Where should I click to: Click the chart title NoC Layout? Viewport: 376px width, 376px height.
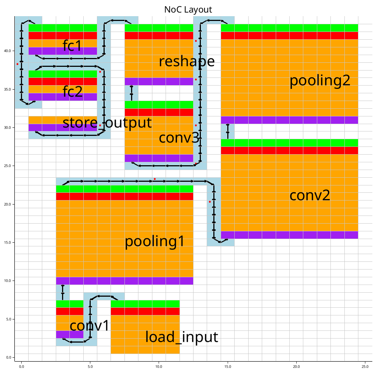(188, 10)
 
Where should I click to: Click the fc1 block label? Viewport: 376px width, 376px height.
(73, 46)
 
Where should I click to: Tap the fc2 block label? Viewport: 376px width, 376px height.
(73, 91)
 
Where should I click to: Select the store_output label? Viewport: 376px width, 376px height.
(107, 123)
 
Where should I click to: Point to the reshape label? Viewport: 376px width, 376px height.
(187, 61)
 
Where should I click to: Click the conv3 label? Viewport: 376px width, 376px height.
(179, 138)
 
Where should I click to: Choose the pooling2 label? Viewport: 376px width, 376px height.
(320, 81)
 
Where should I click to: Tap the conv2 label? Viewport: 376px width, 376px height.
(310, 195)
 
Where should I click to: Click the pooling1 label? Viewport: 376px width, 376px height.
(154, 242)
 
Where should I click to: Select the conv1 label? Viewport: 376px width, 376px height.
(90, 326)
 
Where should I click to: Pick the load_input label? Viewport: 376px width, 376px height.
(182, 337)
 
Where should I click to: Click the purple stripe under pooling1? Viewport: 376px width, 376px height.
(124, 281)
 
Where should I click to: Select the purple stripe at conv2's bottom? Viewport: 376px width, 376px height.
(289, 235)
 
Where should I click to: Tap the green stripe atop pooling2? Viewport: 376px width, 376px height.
(289, 28)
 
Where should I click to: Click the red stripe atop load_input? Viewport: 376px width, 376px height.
(145, 311)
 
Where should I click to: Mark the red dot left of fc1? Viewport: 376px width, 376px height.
(17, 64)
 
